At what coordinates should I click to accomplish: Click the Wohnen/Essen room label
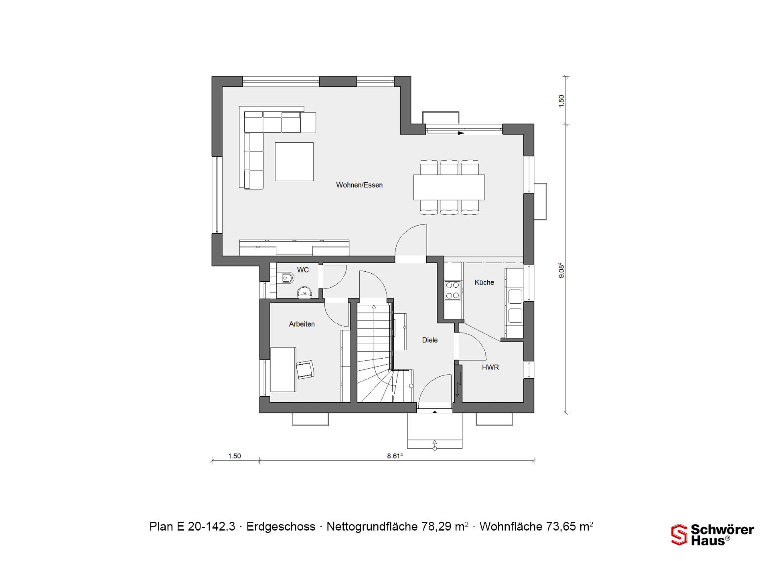click(359, 185)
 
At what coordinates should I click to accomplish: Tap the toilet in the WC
click(287, 278)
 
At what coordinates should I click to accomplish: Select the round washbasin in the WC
click(305, 293)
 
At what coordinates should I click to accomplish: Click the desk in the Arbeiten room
click(283, 369)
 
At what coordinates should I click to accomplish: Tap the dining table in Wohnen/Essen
click(449, 187)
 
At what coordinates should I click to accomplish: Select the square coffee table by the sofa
click(294, 161)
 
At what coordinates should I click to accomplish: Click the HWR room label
click(490, 367)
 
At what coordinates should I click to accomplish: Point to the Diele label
click(430, 340)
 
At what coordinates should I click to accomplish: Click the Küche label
click(484, 283)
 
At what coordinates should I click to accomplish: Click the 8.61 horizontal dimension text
click(395, 456)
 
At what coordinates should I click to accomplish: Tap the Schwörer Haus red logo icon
click(679, 535)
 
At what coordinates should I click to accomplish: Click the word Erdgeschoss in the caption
click(281, 527)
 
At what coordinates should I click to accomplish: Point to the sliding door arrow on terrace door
click(461, 133)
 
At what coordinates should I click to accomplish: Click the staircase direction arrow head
click(374, 307)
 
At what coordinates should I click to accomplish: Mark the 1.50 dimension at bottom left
click(235, 456)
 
